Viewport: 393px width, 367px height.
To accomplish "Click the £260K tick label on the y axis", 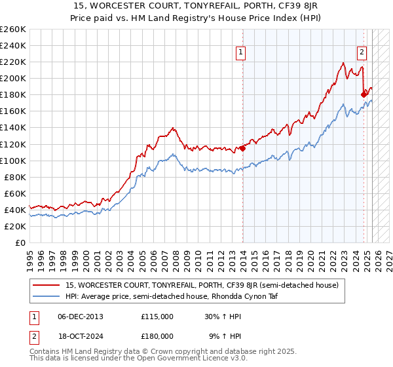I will point(13,29).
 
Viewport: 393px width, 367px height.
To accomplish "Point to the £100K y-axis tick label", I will point(13,161).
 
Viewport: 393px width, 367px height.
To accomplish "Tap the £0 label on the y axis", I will point(20,242).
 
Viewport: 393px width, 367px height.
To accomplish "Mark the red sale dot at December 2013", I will point(242,148).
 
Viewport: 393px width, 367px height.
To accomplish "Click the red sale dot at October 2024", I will point(364,94).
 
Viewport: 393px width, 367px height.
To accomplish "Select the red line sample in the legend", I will point(47,285).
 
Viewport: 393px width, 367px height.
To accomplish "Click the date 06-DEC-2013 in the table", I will point(81,316).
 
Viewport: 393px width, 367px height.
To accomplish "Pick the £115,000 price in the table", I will point(157,316).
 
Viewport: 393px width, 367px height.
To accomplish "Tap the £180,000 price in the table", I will point(157,336).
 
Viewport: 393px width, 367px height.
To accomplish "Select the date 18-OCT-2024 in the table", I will point(81,336).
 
